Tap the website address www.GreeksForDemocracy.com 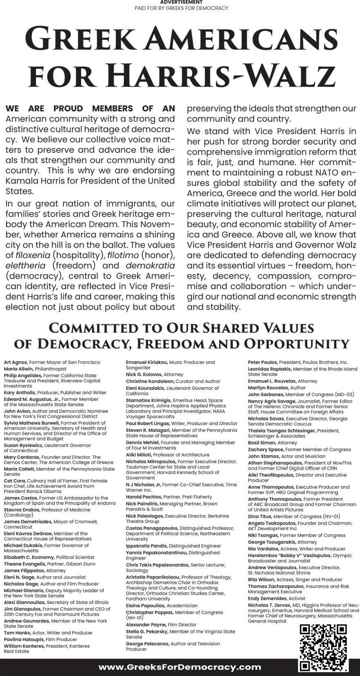pos(180,667)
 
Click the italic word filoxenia pos(33,255)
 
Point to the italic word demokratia pos(150,265)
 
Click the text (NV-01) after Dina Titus pos(328,516)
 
